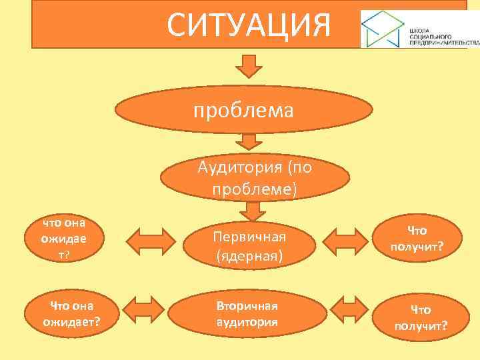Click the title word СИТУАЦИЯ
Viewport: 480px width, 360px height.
(x=249, y=25)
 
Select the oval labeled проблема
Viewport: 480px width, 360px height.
(x=243, y=110)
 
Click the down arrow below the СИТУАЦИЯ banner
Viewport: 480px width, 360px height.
(x=249, y=67)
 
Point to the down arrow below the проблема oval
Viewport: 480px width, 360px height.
(x=249, y=141)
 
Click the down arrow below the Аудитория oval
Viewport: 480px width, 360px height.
(x=253, y=211)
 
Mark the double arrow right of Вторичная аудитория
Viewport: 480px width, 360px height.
(x=351, y=310)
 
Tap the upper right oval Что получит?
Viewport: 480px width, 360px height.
(x=417, y=239)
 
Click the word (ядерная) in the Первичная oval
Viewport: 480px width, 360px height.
(x=248, y=255)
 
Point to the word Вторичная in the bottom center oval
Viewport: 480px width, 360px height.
(x=246, y=306)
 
